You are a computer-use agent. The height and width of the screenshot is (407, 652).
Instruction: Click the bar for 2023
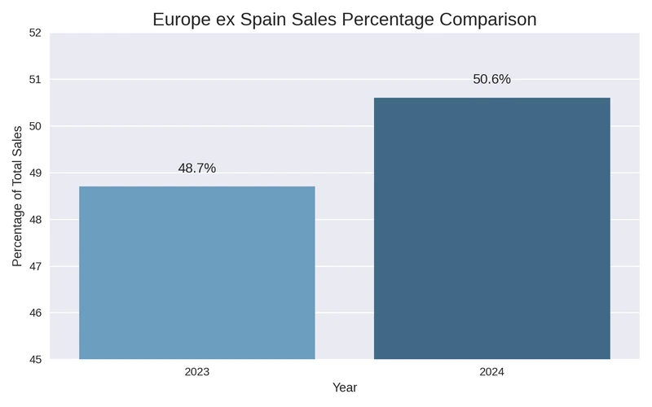coord(196,273)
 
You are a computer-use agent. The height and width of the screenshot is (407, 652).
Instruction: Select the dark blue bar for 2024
coord(491,228)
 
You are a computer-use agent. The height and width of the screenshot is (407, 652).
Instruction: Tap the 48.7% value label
coord(196,168)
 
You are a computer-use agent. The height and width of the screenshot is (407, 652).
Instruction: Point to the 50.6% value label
coord(491,79)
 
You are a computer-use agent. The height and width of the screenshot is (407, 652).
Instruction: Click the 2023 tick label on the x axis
coord(196,372)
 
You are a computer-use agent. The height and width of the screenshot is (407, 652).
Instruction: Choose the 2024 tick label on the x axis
coord(491,372)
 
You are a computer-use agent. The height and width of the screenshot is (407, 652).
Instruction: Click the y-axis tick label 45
coord(35,359)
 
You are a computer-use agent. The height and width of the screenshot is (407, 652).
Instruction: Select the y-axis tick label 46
coord(35,313)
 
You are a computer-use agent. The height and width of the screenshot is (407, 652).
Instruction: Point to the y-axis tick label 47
coord(35,266)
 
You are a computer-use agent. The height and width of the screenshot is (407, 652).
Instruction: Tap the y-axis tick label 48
coord(35,220)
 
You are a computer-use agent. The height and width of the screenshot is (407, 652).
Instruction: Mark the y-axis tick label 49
coord(35,173)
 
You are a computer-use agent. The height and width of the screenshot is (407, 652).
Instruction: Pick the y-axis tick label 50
coord(35,126)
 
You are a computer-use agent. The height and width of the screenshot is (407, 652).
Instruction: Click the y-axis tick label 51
coord(35,80)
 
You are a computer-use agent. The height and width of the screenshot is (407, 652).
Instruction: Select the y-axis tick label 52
coord(35,33)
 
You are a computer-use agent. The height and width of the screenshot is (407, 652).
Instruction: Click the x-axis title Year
coord(344,388)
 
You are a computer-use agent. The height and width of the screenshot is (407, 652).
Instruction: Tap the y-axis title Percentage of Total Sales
coord(17,196)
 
